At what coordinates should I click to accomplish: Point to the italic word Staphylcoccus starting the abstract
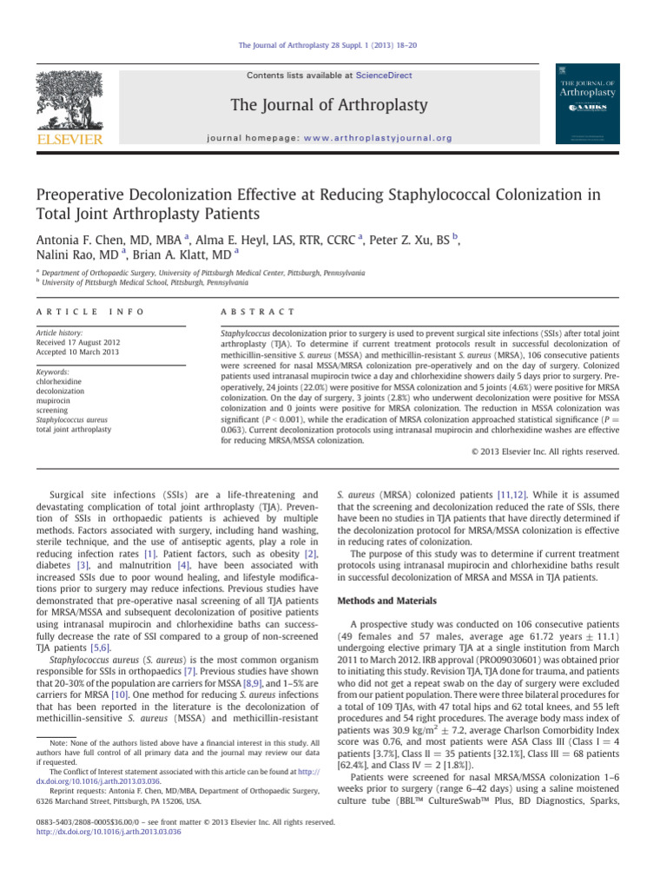click(x=248, y=333)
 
